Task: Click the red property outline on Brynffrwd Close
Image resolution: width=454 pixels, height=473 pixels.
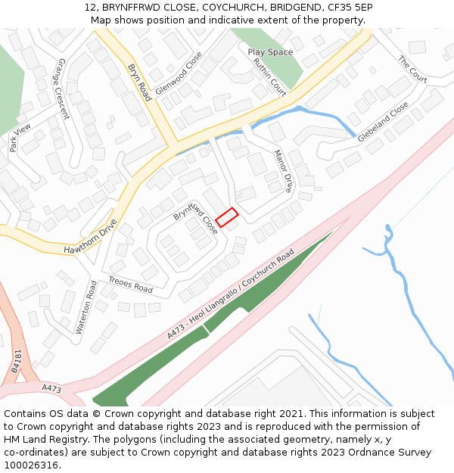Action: coord(227,217)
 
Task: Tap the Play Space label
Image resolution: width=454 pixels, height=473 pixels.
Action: coord(270,52)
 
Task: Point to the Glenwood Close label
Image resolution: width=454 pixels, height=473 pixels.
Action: coord(179,73)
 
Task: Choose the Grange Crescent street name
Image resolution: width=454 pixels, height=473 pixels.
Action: coord(63,89)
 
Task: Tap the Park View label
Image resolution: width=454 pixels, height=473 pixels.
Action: coord(20,137)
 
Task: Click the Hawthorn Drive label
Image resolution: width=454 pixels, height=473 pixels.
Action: coord(91,238)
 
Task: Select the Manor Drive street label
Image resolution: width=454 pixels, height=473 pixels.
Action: coord(282,170)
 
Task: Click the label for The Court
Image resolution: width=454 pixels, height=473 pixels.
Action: coord(412,70)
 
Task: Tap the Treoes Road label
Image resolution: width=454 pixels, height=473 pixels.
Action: coord(130,285)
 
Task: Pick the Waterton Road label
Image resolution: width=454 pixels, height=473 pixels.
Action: coord(86,307)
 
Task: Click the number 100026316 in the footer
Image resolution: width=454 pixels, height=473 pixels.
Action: coord(31,465)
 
